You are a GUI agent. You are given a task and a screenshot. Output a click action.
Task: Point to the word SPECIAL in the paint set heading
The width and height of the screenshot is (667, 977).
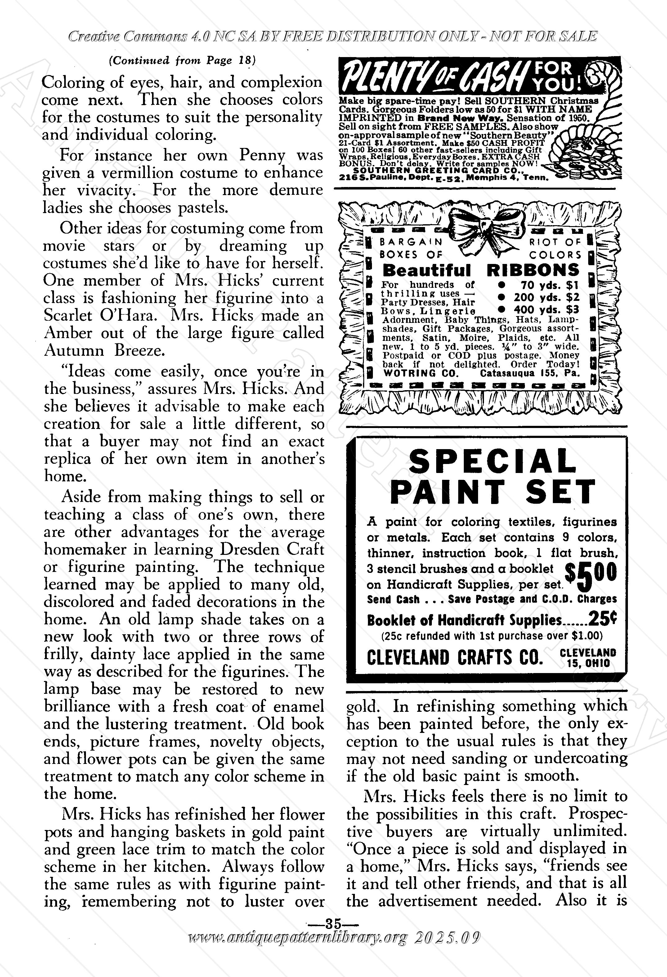coord(492,461)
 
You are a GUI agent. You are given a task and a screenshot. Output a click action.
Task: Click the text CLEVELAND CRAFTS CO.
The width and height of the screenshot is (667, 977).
coord(454,657)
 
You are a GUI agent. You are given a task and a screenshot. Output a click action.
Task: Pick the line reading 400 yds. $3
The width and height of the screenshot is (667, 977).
coord(543,310)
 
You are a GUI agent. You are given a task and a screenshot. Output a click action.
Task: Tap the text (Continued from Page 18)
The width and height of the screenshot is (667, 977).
coord(182,60)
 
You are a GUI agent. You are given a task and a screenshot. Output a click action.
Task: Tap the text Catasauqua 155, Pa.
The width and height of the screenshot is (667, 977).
coord(530,373)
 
